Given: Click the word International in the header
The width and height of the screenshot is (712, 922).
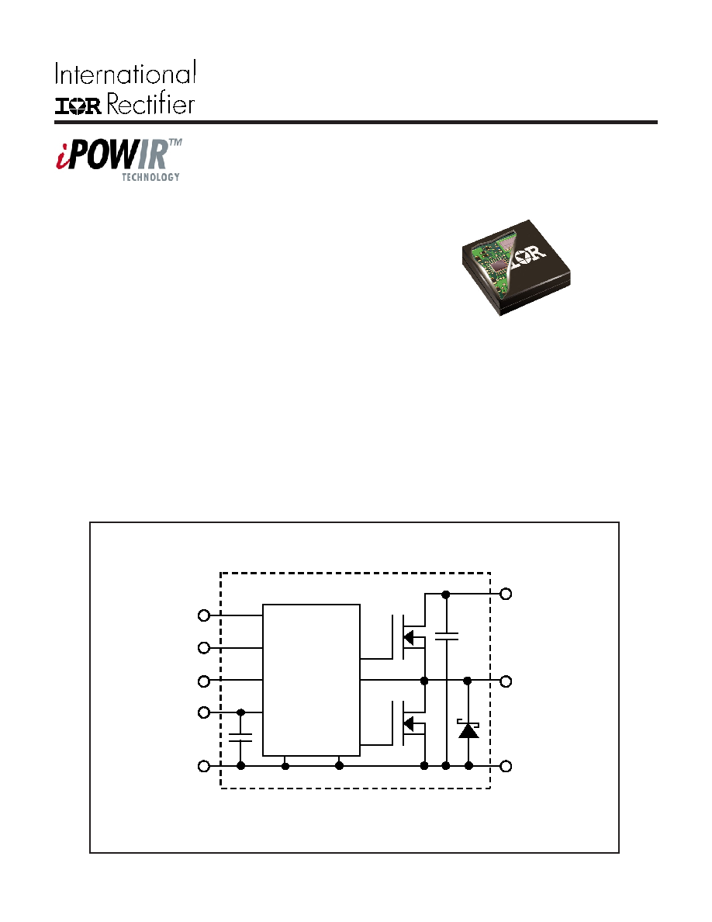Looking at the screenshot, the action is [x=125, y=74].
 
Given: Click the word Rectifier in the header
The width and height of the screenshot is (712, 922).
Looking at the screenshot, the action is [x=150, y=104].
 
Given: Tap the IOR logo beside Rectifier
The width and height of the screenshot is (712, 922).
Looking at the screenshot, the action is [x=78, y=106].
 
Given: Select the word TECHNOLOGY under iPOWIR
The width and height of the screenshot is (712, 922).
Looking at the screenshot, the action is [x=150, y=177].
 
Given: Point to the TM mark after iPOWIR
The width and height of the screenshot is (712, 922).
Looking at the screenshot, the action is [x=175, y=143].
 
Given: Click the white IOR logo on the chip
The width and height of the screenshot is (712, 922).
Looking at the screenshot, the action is [x=528, y=255].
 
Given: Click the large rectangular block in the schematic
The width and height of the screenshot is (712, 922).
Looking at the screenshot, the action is [x=311, y=680].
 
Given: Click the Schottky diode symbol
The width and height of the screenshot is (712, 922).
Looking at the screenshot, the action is [x=468, y=730].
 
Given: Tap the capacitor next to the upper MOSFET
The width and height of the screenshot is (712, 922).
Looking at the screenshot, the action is [x=447, y=636].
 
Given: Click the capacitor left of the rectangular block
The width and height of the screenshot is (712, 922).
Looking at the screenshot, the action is [x=240, y=737].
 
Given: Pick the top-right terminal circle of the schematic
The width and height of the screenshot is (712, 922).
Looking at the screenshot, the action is [x=506, y=594].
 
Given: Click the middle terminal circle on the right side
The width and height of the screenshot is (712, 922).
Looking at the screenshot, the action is [x=506, y=681].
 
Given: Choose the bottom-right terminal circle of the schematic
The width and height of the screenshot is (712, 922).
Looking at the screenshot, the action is [x=506, y=765].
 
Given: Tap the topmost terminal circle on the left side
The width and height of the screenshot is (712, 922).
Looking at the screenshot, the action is [x=204, y=615].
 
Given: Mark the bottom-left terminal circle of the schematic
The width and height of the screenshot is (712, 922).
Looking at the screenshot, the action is [x=204, y=766].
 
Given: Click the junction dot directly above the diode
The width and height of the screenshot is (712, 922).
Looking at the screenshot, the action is [x=468, y=681].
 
